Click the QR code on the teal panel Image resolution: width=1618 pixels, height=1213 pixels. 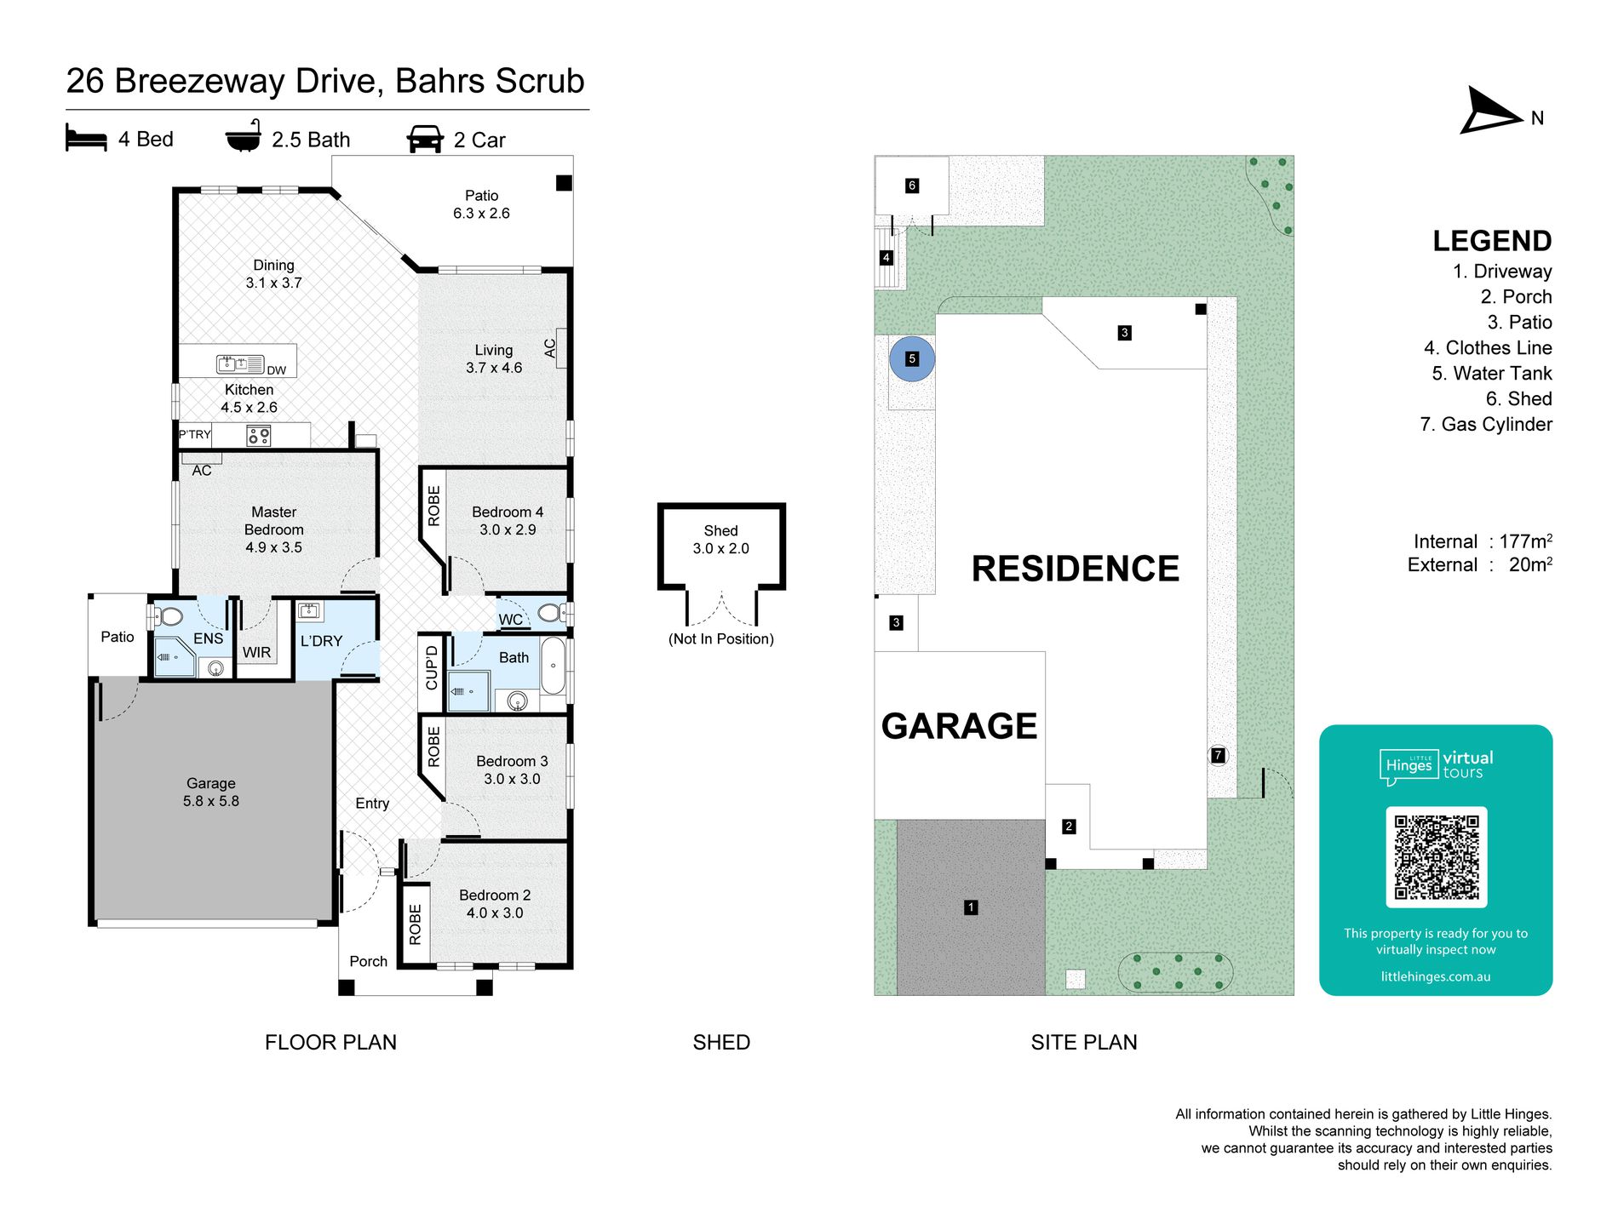click(1437, 857)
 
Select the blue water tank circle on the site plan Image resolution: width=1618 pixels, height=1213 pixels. click(912, 358)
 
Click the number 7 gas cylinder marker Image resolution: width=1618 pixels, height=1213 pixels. click(1218, 755)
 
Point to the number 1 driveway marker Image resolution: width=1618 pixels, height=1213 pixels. click(971, 907)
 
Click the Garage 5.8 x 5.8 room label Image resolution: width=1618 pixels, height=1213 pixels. click(211, 792)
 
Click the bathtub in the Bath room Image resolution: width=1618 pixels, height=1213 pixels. click(553, 667)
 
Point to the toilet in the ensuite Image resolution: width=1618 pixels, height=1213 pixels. click(167, 615)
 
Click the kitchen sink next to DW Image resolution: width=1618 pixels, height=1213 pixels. click(239, 364)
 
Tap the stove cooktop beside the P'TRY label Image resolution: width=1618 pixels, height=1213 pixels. click(259, 437)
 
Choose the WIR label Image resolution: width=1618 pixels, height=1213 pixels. click(256, 652)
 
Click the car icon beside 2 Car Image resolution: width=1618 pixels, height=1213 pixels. click(426, 139)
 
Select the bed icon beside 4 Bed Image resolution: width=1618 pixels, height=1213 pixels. click(86, 138)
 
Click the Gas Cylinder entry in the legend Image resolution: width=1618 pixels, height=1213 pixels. click(1486, 424)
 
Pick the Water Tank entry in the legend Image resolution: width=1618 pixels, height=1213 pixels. click(1492, 373)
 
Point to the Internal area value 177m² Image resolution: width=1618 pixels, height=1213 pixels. click(1526, 541)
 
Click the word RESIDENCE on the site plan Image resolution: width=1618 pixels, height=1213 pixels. click(1076, 569)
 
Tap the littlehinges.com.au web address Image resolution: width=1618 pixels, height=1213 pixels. click(1436, 976)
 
